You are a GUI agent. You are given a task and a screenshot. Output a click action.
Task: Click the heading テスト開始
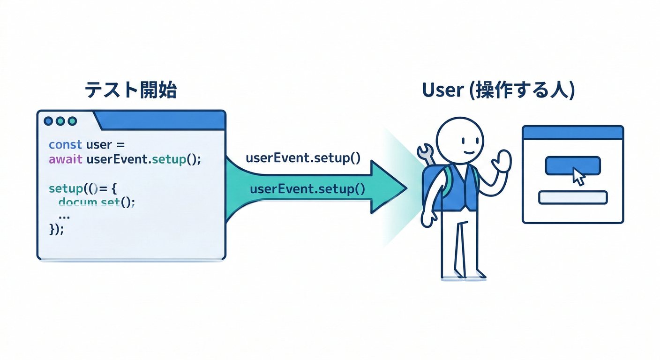(130, 90)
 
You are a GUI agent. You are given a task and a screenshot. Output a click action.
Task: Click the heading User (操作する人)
(498, 90)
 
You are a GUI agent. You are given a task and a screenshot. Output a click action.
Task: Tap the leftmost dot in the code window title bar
(48, 121)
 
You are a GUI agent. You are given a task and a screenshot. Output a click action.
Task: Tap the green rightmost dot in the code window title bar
(72, 121)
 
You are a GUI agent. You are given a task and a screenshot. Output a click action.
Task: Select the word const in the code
(65, 144)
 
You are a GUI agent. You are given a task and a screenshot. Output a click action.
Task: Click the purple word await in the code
(65, 159)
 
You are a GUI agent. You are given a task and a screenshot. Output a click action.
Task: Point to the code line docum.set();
(97, 202)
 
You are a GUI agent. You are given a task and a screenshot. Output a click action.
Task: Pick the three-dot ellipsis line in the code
(64, 216)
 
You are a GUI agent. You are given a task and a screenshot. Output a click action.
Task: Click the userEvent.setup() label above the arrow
(303, 157)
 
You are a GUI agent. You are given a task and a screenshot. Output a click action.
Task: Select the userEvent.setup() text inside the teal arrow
(307, 189)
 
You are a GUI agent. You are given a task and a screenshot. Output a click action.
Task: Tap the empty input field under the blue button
(573, 197)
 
